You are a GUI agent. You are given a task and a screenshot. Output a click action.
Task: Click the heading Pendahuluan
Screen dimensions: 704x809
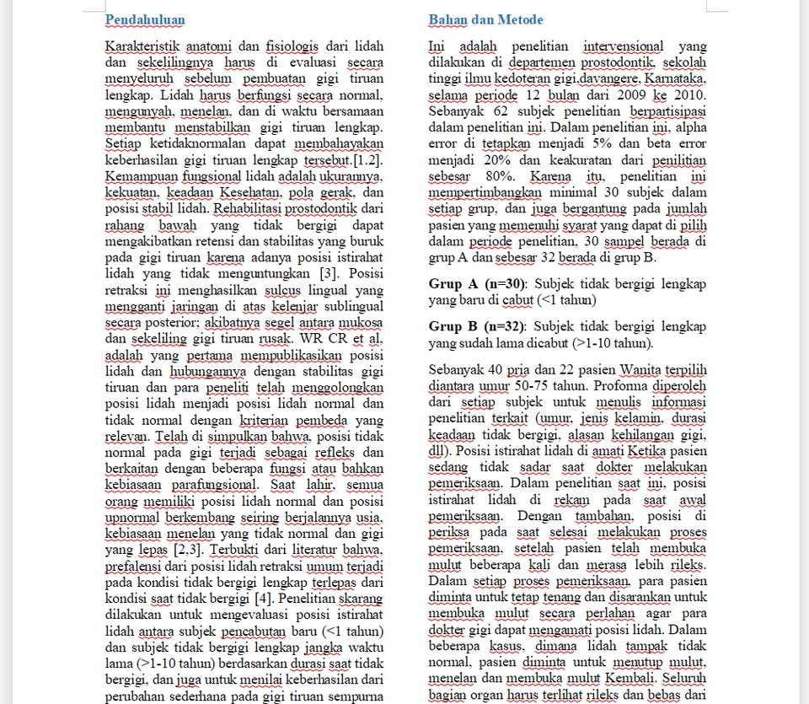tap(145, 19)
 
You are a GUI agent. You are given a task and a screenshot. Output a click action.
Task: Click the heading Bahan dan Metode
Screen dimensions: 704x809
tap(485, 19)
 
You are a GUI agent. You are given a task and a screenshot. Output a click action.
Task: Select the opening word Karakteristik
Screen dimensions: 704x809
tap(142, 46)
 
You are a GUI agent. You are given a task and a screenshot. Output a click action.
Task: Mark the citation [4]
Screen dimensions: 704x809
tap(263, 599)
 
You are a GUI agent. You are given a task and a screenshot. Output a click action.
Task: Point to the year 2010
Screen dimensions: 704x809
tap(688, 95)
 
